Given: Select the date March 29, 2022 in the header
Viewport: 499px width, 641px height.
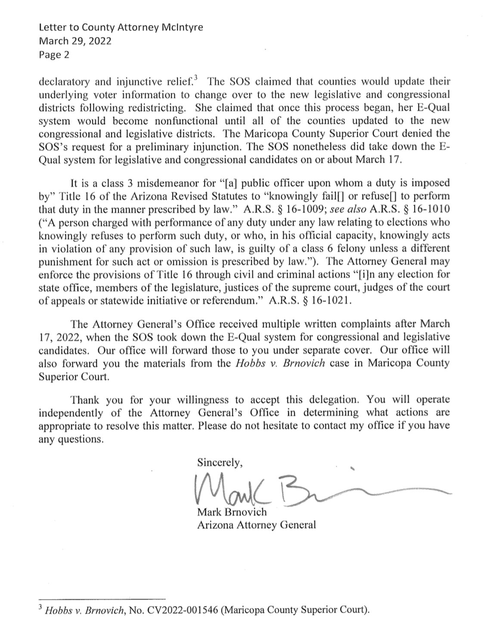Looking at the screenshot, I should pos(75,41).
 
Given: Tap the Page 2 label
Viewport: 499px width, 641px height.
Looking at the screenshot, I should pos(54,55).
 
